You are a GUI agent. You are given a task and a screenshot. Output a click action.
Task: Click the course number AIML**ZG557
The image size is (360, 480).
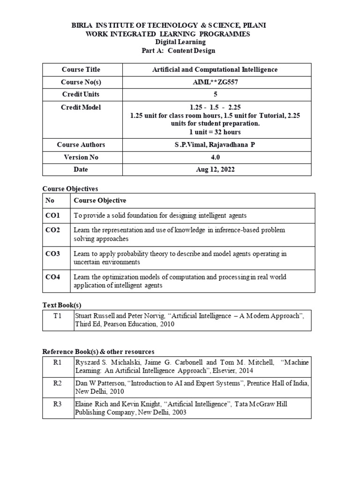click(215, 82)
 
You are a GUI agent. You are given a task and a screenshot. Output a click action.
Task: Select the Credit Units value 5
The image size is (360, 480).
click(215, 94)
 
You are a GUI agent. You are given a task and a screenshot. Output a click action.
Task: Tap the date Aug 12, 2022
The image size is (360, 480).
click(215, 169)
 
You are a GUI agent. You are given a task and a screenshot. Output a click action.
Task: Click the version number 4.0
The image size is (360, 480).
click(215, 157)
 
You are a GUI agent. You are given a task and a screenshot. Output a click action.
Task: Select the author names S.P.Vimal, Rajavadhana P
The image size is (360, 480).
click(215, 145)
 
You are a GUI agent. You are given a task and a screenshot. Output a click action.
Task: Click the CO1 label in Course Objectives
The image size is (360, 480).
click(53, 216)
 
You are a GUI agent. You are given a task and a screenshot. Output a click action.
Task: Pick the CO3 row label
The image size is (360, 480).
click(53, 254)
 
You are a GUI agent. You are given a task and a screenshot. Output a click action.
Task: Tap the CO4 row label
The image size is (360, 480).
click(53, 277)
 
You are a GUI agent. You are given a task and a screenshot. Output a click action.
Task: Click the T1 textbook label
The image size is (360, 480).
click(58, 316)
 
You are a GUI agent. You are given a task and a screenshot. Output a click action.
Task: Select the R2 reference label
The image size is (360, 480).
click(58, 383)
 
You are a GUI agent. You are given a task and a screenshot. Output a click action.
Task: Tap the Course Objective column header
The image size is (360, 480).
click(100, 201)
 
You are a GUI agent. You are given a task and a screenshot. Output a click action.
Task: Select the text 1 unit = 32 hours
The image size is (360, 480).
click(215, 132)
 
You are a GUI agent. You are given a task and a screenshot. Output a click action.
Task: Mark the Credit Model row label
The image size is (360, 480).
click(81, 107)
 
